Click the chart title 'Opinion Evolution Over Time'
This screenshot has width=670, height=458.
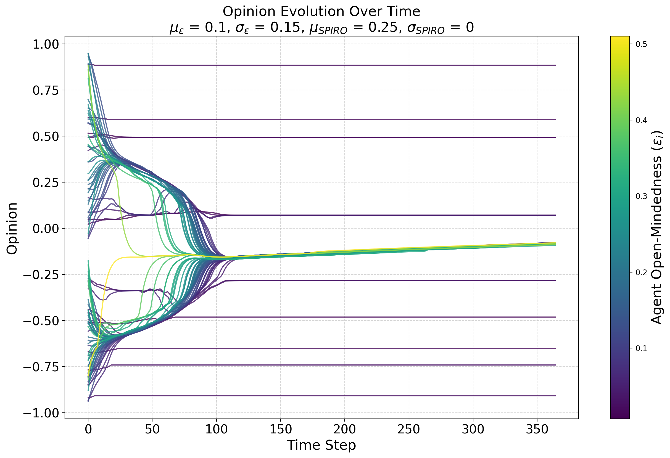click(321, 12)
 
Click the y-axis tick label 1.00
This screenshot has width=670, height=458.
click(46, 45)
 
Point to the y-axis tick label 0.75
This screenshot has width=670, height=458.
click(46, 91)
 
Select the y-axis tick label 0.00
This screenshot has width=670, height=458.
click(46, 229)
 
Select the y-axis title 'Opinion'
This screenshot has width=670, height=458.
click(12, 228)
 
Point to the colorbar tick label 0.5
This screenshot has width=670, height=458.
click(641, 44)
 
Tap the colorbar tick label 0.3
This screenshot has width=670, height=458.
click(641, 197)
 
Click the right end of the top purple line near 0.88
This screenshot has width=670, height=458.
click(555, 65)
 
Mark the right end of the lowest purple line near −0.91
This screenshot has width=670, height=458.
click(555, 396)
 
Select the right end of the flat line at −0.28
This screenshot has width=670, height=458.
click(555, 281)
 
